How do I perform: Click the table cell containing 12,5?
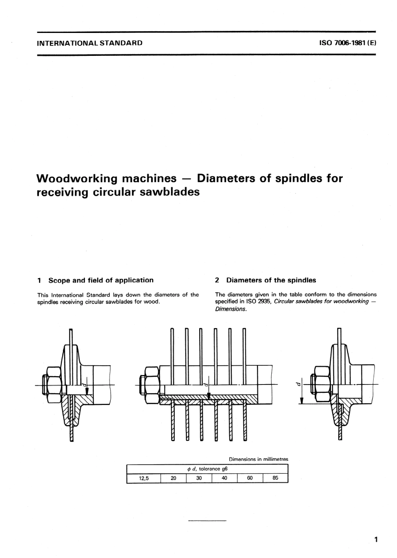click(143, 478)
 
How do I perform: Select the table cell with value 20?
click(173, 478)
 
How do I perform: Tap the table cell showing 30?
click(199, 478)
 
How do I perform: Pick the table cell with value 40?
click(224, 478)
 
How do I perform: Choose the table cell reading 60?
click(249, 478)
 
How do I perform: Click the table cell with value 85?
click(275, 478)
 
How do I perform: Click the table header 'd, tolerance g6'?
click(207, 469)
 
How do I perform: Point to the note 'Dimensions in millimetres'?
click(258, 459)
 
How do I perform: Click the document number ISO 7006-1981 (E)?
click(348, 43)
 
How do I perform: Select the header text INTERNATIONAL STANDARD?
click(90, 43)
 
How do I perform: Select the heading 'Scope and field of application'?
click(101, 280)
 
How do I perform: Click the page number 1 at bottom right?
click(376, 540)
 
